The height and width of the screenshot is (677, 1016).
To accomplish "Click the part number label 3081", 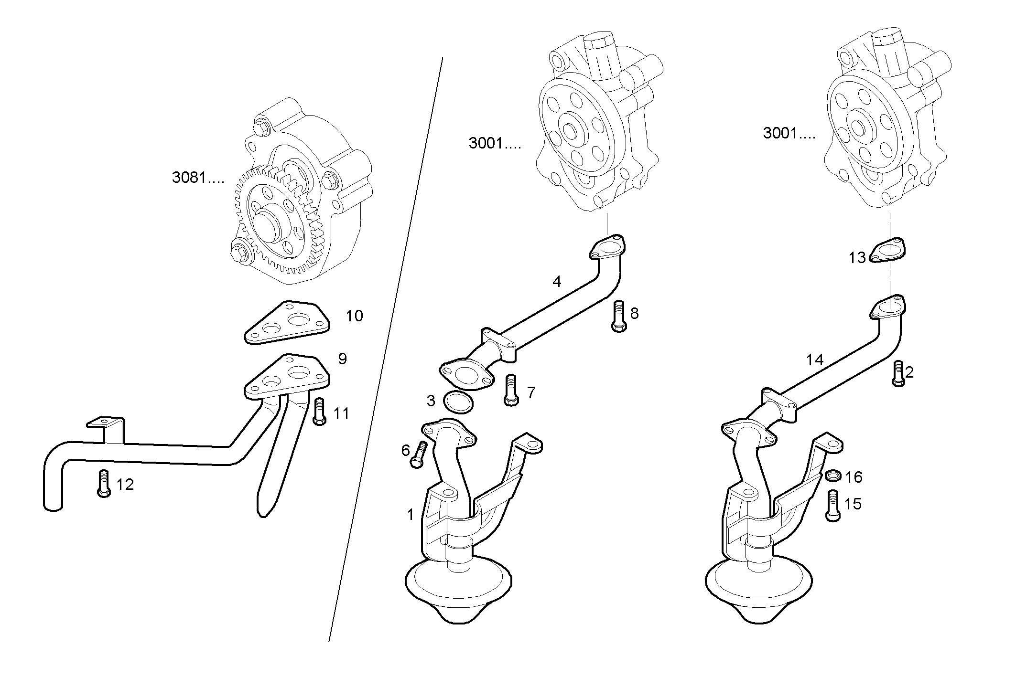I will tap(197, 178).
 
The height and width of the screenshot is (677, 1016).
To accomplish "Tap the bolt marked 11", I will tap(320, 412).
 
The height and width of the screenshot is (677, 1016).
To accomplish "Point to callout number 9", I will tap(342, 359).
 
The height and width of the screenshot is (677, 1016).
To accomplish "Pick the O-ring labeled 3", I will tap(458, 402).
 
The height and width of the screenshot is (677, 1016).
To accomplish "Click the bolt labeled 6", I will tap(419, 455).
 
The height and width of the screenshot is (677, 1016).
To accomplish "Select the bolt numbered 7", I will tap(511, 390).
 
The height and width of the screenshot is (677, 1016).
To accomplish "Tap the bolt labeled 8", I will tap(619, 316).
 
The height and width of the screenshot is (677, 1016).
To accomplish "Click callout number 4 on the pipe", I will tap(557, 282).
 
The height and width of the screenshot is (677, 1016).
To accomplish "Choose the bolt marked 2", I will tap(898, 373).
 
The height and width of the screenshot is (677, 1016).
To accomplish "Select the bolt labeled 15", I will tap(833, 506).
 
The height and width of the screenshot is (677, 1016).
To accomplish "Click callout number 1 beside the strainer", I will tap(410, 515).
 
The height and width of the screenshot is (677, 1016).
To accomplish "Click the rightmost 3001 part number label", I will tap(789, 133).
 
